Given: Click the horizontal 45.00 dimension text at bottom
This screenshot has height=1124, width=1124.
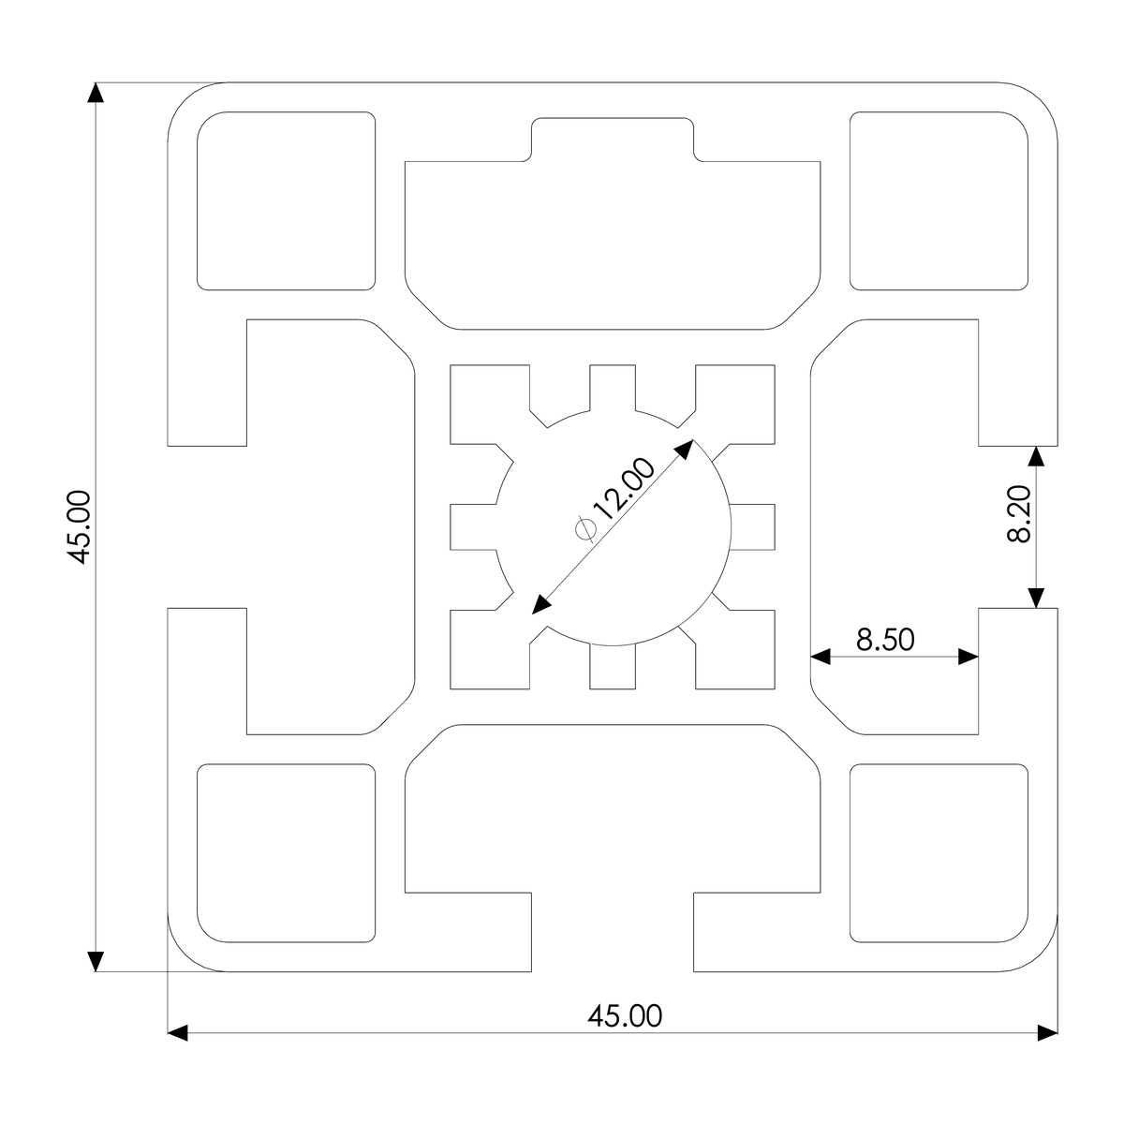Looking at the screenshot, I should [x=625, y=1015].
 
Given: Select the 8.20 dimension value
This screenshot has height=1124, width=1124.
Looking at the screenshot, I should [x=1019, y=514].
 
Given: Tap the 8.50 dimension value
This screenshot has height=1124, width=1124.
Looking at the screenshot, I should [x=884, y=640].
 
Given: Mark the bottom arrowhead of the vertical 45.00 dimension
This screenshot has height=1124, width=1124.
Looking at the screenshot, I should [x=96, y=961].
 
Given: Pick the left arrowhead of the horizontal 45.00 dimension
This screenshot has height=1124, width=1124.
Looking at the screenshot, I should [x=179, y=1033].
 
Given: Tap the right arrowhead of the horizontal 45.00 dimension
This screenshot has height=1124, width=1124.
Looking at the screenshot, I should [x=1046, y=1033].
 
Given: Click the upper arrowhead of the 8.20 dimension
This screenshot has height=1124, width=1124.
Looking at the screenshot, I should [x=1036, y=456].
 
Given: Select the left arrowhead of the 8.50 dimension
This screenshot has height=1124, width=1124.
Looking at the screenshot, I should [x=821, y=657].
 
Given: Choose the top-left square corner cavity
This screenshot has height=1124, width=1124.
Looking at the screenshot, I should [x=286, y=200].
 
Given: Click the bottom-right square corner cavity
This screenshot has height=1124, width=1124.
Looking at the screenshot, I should [x=938, y=852].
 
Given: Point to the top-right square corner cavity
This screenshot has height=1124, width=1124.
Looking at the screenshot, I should [x=938, y=200].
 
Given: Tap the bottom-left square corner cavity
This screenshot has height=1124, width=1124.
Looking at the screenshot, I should [x=286, y=852].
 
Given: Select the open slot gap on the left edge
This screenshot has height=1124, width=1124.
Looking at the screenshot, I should [x=206, y=526].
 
